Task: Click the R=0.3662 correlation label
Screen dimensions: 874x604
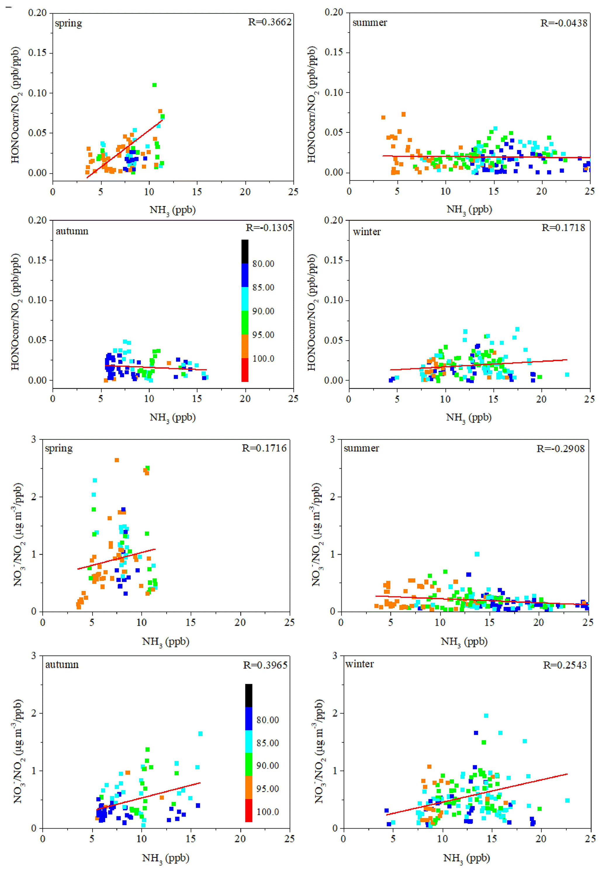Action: [x=269, y=22]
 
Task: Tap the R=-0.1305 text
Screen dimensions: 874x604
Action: [x=269, y=227]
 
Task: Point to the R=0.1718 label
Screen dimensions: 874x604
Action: [x=563, y=227]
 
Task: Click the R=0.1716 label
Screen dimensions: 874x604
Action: [x=264, y=448]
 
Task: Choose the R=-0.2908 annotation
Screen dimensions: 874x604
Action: [x=560, y=448]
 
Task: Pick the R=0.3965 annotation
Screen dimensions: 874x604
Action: [x=265, y=665]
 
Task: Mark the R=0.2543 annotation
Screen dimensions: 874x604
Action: [x=565, y=665]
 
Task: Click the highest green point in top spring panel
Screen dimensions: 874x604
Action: [x=154, y=85]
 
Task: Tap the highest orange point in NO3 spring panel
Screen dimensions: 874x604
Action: [x=117, y=460]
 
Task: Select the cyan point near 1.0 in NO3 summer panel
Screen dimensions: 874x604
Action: [x=477, y=554]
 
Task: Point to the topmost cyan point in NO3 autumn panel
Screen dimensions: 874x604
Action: [x=200, y=734]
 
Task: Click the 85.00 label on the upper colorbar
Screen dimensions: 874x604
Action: [x=263, y=287]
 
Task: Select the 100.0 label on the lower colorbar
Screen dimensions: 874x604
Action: [x=268, y=812]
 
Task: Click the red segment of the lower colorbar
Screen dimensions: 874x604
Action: [x=249, y=810]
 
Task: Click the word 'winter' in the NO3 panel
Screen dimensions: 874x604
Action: [x=359, y=664]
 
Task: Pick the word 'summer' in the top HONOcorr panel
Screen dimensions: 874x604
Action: [x=369, y=23]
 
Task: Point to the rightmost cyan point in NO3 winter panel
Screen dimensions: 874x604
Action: [x=567, y=801]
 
